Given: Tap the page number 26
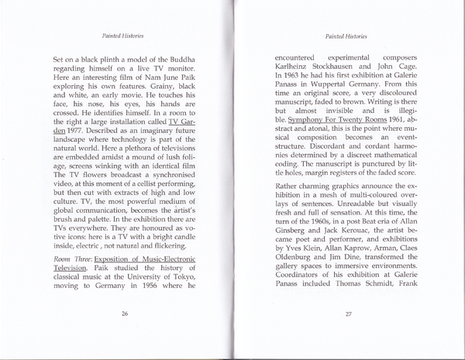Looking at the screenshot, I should (x=124, y=314).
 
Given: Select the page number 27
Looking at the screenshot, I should (x=349, y=314).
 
